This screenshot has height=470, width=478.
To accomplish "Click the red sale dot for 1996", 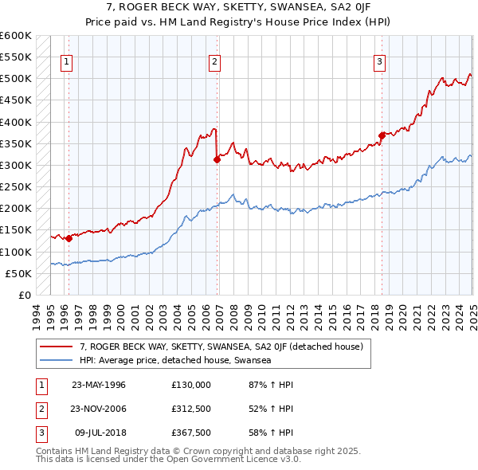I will coord(69,237).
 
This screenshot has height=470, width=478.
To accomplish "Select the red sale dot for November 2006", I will coord(217,159).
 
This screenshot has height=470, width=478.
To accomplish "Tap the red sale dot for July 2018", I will coord(382,135).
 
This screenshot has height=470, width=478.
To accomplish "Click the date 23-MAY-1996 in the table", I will coord(99,385).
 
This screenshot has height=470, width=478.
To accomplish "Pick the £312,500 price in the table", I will coord(191,409).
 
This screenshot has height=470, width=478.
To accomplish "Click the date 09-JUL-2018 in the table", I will coord(99,435).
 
